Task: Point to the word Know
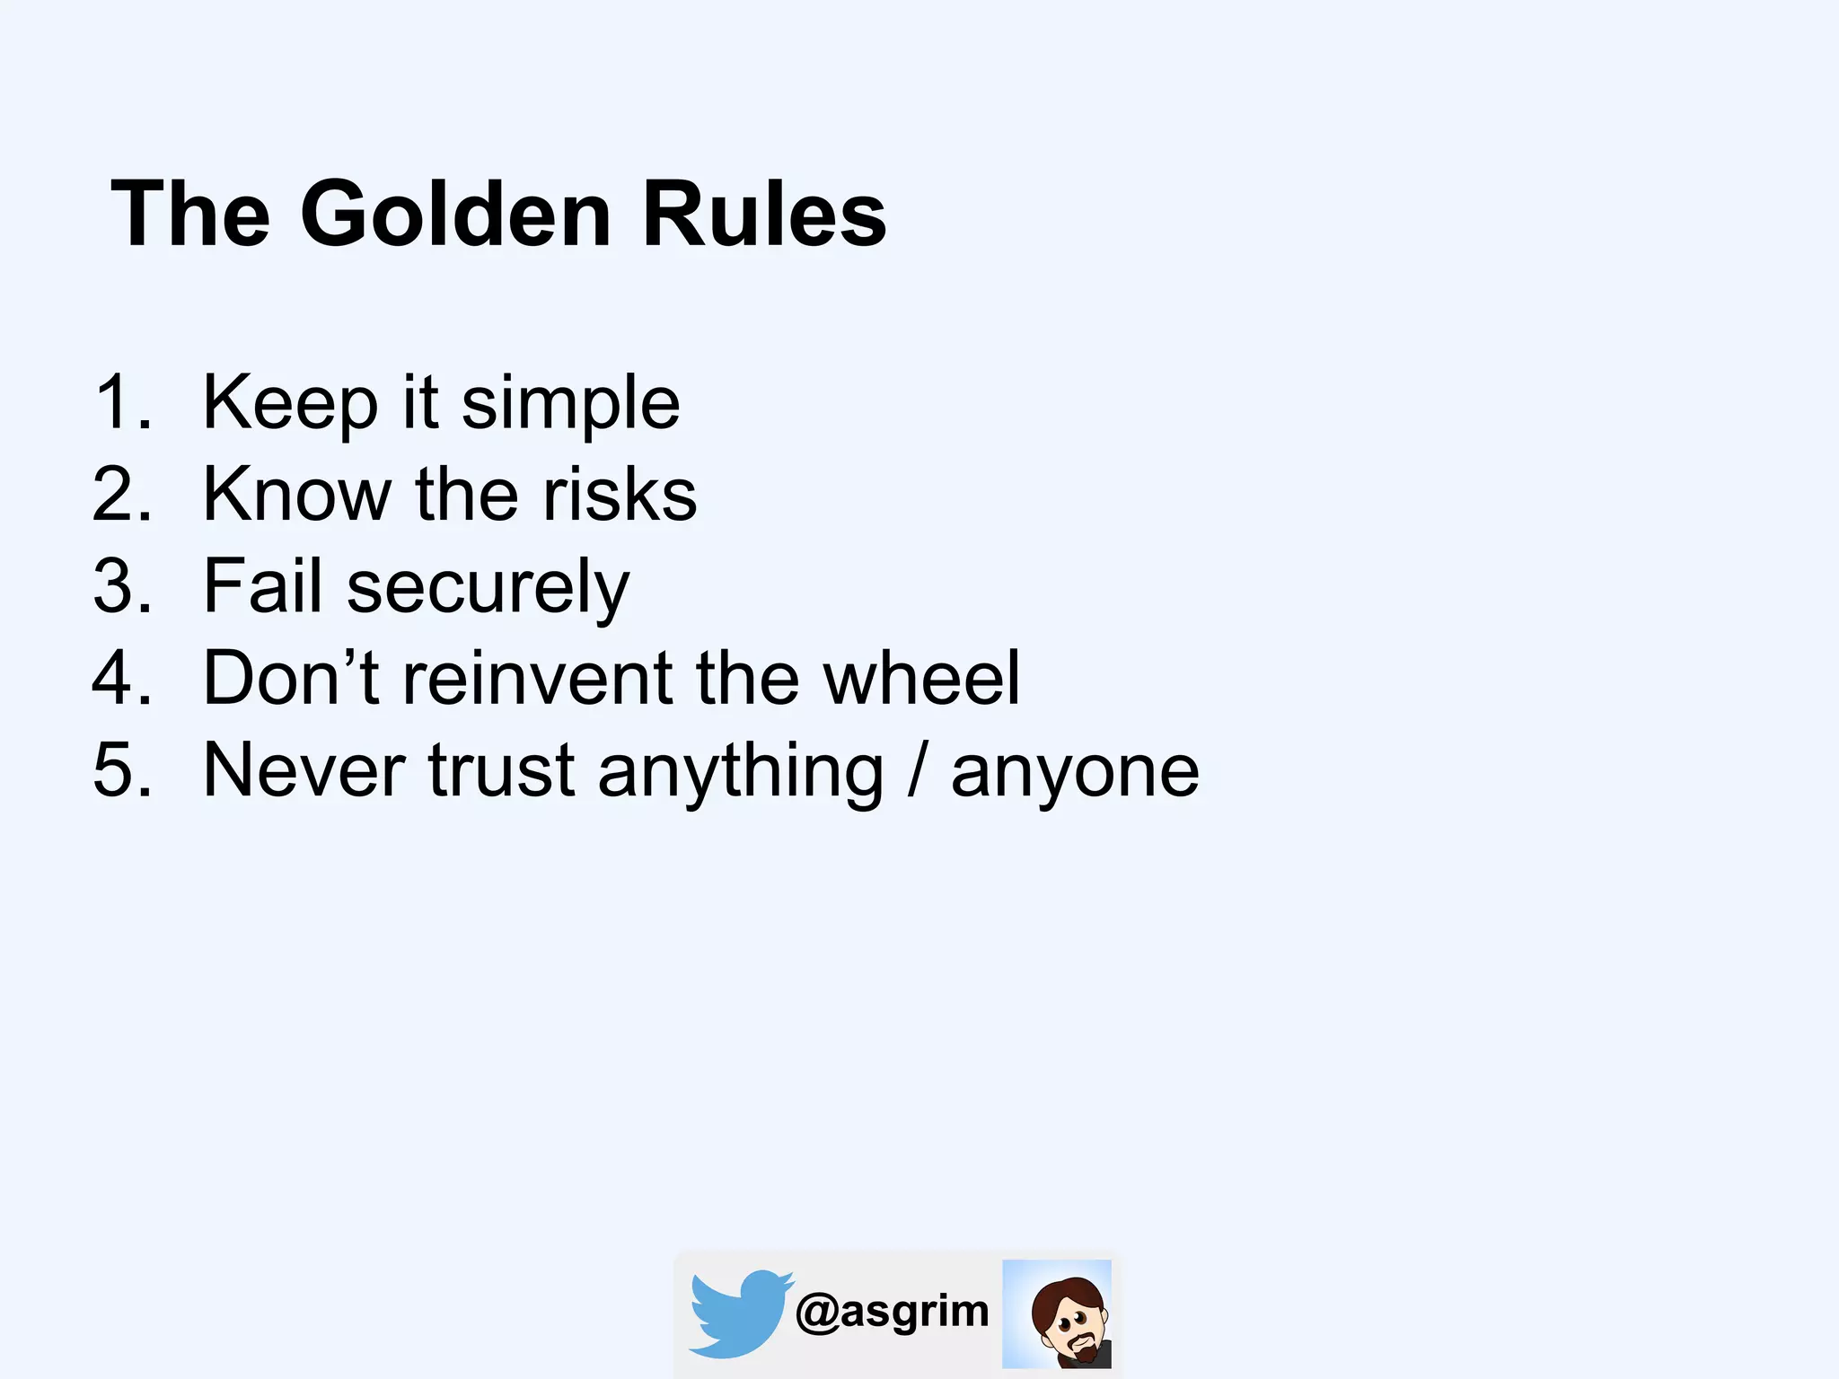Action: click(x=296, y=494)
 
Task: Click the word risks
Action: click(x=620, y=494)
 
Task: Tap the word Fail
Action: click(x=262, y=586)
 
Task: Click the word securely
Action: click(x=488, y=589)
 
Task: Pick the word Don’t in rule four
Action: click(x=292, y=678)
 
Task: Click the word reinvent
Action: click(x=537, y=678)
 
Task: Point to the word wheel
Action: click(x=921, y=678)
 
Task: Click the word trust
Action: click(x=501, y=770)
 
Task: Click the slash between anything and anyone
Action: click(x=917, y=770)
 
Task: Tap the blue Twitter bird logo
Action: click(x=738, y=1313)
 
